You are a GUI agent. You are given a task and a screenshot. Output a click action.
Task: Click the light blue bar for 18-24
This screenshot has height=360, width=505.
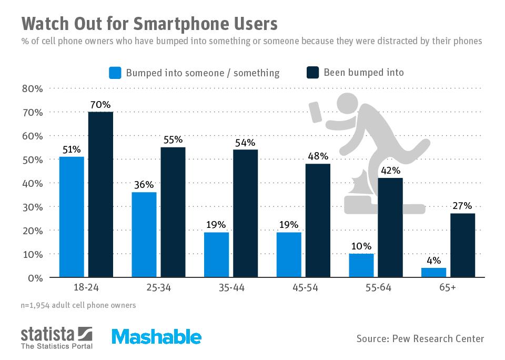72,217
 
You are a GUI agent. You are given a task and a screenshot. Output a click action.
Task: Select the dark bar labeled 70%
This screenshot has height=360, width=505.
100,194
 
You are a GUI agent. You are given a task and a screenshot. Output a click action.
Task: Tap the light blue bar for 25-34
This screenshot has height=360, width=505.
144,235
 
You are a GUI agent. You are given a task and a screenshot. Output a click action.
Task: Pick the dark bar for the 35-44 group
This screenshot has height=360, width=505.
245,213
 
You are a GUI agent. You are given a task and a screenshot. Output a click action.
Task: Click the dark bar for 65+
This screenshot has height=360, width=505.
462,245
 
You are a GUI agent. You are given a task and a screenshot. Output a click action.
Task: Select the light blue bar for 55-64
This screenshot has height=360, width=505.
361,265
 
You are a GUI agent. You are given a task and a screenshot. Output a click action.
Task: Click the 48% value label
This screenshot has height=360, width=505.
318,156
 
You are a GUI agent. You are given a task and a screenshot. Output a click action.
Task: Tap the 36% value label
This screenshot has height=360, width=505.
144,185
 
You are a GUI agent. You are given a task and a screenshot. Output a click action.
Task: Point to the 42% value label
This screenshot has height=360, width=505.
390,171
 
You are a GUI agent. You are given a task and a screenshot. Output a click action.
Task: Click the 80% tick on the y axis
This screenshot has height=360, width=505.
32,88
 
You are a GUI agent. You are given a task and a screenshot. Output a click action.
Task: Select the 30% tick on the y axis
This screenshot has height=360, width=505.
32,207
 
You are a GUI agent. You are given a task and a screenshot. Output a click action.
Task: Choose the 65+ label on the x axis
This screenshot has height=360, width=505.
448,288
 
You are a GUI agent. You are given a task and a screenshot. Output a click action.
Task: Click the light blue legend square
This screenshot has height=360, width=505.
115,73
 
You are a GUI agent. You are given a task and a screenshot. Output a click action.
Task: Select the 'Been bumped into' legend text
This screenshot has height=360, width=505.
363,73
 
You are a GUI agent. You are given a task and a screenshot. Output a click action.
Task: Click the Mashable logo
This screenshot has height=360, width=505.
156,337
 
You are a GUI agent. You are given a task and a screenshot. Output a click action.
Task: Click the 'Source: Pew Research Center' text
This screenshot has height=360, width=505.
420,338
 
